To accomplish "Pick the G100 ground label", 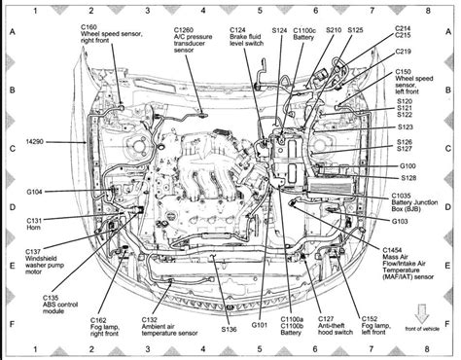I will pos(409,166).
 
